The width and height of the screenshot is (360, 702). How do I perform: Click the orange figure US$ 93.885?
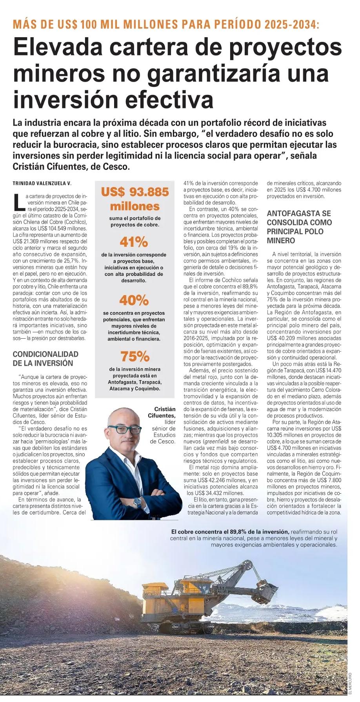coord(135,192)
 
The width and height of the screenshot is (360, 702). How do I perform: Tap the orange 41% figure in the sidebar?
coord(134,242)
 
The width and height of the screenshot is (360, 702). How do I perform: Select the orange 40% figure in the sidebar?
coord(134,301)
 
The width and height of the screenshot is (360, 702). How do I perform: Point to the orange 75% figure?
coord(135,356)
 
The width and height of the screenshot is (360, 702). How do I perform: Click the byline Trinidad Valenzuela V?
coord(42,183)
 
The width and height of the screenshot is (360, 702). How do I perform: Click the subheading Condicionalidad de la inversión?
coord(45,359)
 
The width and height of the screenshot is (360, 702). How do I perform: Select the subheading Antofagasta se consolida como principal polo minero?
coord(299,227)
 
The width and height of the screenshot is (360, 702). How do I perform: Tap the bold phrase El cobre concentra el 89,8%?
coord(230,531)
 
